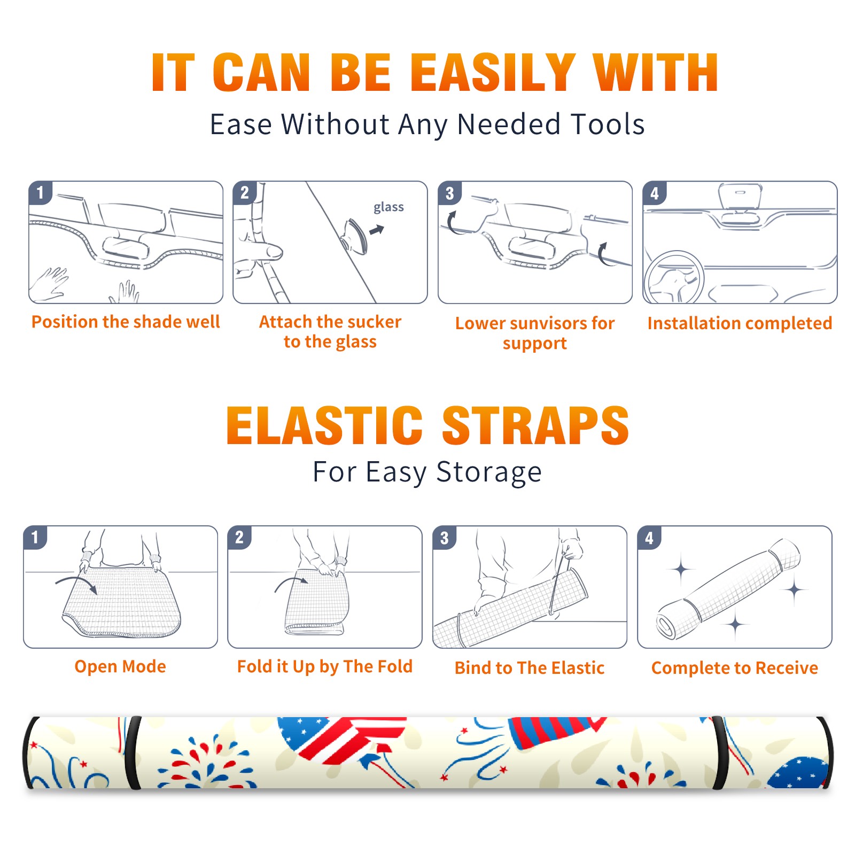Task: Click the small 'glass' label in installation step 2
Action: pos(388,207)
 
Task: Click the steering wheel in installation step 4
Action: pos(674,278)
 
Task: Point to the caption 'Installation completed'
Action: pos(740,323)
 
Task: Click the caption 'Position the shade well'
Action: pos(126,322)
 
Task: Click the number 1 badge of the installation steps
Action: pos(40,192)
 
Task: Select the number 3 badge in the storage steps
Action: pos(445,537)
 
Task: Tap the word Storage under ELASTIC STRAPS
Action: pos(488,472)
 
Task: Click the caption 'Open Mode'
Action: pos(120,666)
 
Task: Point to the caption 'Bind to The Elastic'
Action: pos(530,668)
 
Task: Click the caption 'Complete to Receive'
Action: pos(735,668)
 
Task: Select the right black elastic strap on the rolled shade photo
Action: pos(721,752)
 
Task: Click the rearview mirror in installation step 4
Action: pos(740,197)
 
